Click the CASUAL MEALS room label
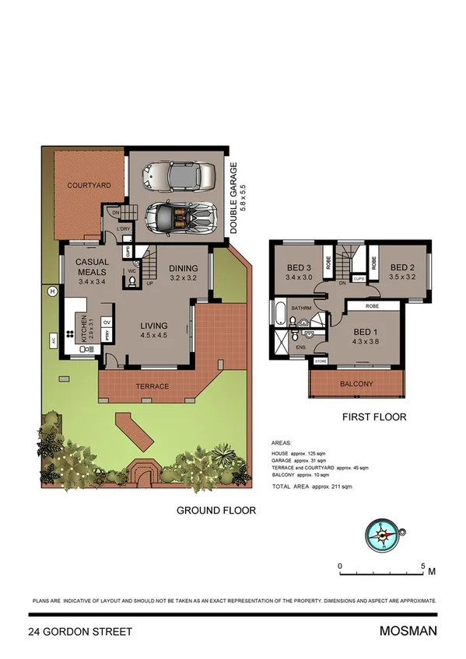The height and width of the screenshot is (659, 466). tap(92, 267)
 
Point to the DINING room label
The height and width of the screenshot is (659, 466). tap(184, 268)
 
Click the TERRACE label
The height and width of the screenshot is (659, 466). tap(152, 386)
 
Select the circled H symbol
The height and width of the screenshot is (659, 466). tap(52, 291)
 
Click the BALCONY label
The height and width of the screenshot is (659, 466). tap(357, 384)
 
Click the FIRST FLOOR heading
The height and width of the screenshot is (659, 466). tap(375, 417)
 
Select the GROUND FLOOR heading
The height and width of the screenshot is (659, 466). tap(215, 511)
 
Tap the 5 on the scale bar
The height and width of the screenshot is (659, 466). tap(422, 566)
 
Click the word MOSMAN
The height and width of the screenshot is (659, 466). tap(408, 631)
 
